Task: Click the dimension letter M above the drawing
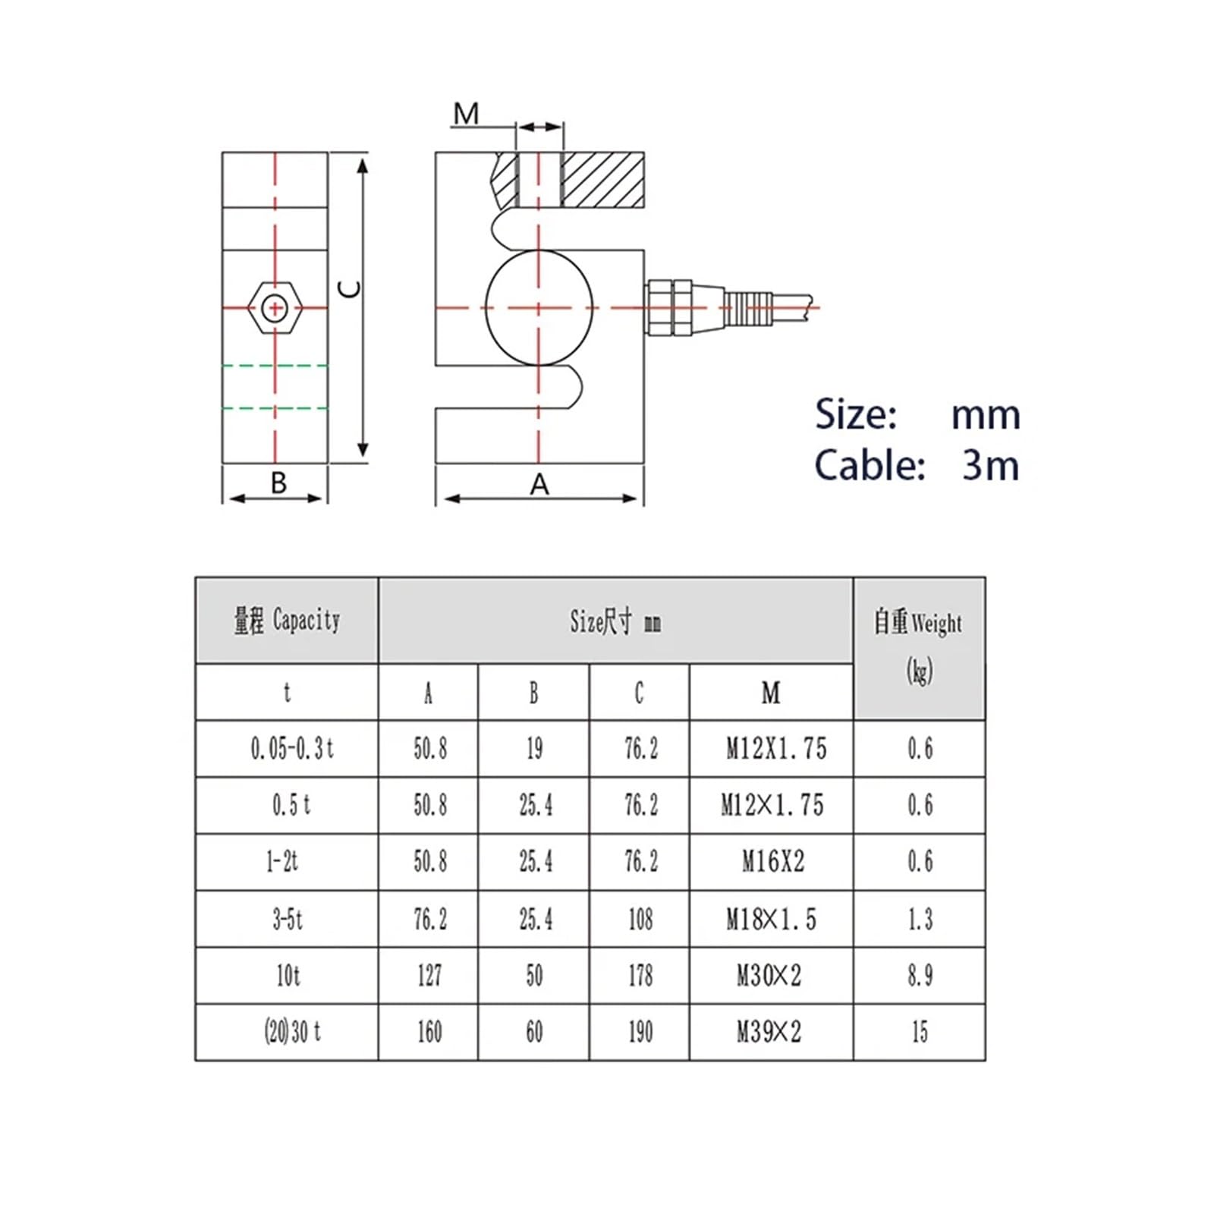click(466, 115)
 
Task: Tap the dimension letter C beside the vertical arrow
click(349, 289)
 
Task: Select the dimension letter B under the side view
click(278, 483)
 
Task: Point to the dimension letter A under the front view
click(539, 484)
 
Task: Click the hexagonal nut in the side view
click(275, 308)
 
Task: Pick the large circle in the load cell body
click(539, 308)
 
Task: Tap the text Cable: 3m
click(917, 465)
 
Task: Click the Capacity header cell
click(287, 621)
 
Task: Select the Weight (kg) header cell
click(919, 647)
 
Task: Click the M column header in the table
click(770, 692)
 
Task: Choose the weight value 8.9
click(920, 975)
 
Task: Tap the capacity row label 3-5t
click(288, 920)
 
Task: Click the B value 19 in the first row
click(534, 749)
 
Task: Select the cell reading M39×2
click(769, 1032)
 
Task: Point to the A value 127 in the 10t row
click(429, 975)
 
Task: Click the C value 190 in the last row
click(640, 1032)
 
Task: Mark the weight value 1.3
click(920, 920)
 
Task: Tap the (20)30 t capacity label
click(292, 1032)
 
